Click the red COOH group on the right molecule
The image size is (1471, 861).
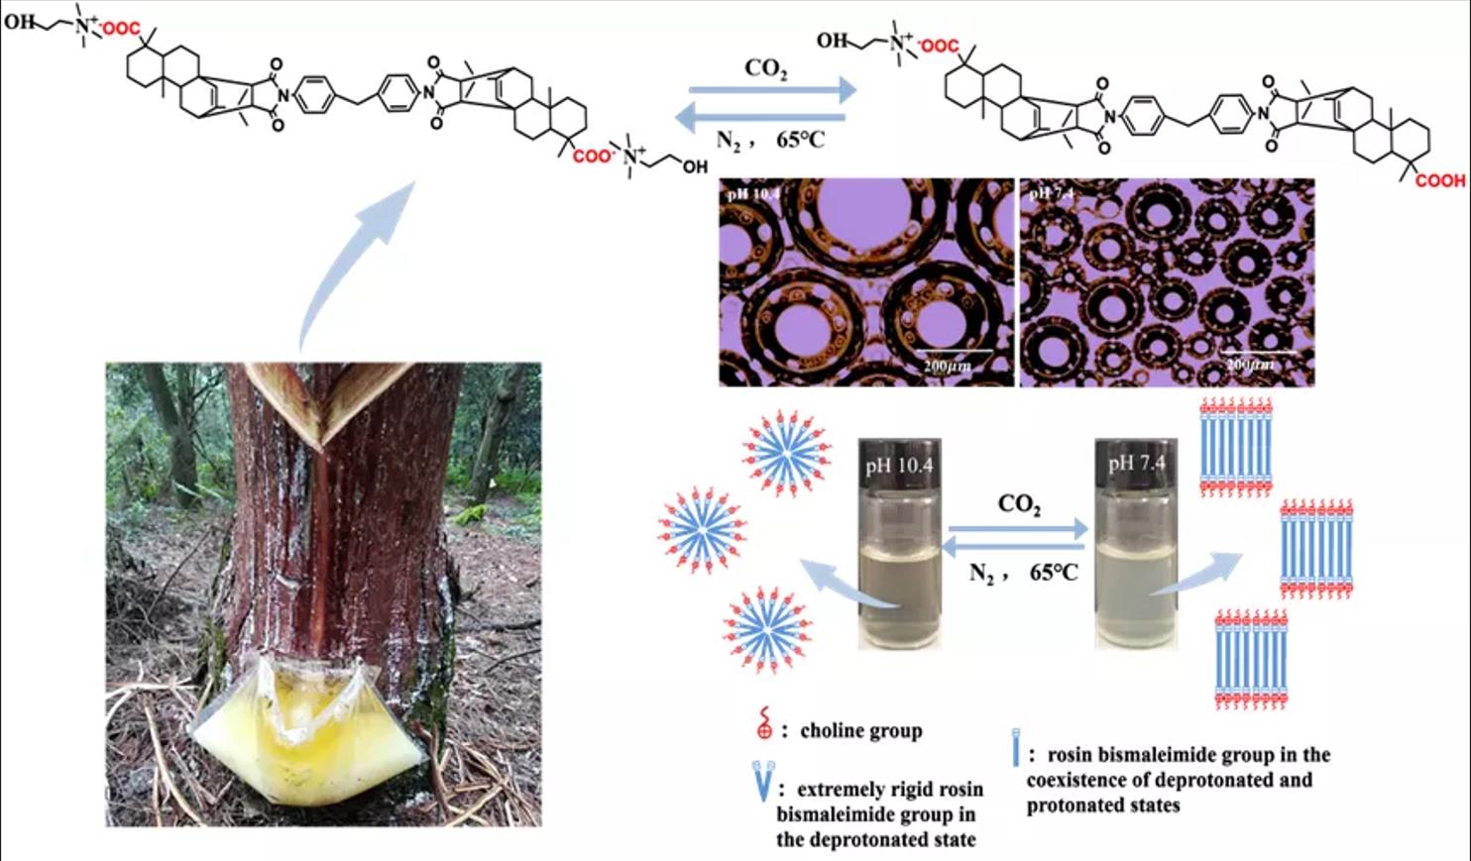[x=1439, y=180]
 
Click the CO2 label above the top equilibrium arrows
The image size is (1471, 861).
[x=766, y=69]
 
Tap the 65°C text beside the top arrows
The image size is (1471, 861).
[x=800, y=140]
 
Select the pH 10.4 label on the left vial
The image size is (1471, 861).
[x=898, y=464]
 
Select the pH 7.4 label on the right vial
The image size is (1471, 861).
[x=1136, y=463]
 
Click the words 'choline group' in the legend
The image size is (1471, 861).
[x=860, y=731]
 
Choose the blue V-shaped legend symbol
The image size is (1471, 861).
[x=761, y=783]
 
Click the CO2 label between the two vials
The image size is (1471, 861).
[x=1019, y=504]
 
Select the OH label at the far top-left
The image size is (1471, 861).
[x=19, y=21]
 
